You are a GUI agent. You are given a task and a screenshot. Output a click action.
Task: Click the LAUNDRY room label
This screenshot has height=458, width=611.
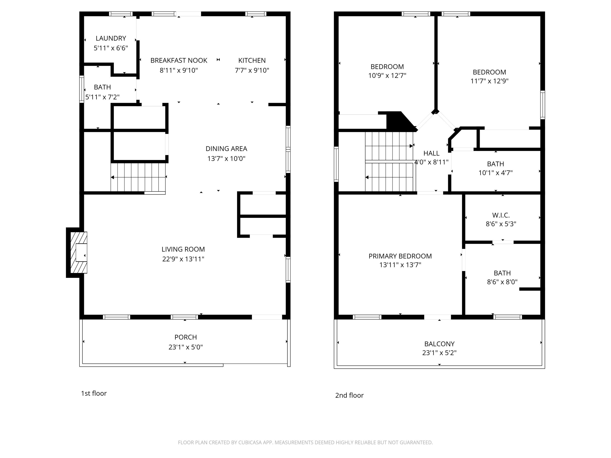click(x=111, y=38)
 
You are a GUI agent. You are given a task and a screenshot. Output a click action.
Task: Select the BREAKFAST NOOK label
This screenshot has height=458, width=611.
click(x=179, y=60)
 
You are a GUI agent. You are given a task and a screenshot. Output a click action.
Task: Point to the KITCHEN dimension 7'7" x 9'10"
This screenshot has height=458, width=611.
click(x=252, y=70)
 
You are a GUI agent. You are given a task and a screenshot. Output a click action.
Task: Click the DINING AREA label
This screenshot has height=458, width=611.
click(x=226, y=149)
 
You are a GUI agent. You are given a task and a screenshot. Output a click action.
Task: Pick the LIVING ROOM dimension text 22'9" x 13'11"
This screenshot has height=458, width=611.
click(x=183, y=259)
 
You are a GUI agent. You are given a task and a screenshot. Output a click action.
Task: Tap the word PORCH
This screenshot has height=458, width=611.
click(x=186, y=337)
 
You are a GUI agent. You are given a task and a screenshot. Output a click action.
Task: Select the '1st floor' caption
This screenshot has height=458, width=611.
click(x=94, y=393)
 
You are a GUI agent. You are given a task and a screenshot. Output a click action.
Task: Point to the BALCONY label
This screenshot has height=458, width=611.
click(x=439, y=344)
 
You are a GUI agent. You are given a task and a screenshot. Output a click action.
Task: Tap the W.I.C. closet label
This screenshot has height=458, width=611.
click(x=501, y=215)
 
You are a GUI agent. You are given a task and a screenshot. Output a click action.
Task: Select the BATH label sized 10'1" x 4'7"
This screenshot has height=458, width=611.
click(x=495, y=164)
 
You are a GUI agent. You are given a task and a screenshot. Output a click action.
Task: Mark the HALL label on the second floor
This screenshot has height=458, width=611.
click(x=431, y=153)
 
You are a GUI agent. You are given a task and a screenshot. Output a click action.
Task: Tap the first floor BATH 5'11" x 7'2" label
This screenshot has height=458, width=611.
click(x=102, y=87)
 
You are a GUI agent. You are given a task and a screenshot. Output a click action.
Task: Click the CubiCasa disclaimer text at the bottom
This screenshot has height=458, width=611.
click(x=305, y=443)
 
